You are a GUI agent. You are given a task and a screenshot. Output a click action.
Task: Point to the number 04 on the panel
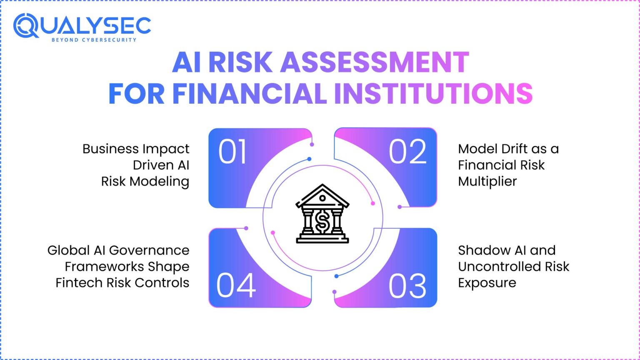[236, 285]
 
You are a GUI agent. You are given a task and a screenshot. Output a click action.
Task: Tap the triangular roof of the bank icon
[322, 195]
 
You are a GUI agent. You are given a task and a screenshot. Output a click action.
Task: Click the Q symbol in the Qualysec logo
[26, 26]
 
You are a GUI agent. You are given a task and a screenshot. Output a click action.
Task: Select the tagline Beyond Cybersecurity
[94, 40]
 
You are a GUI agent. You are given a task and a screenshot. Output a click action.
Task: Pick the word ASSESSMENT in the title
[375, 62]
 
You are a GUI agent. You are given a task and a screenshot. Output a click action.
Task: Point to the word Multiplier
[487, 181]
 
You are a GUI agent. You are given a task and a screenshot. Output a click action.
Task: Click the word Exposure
[487, 283]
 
